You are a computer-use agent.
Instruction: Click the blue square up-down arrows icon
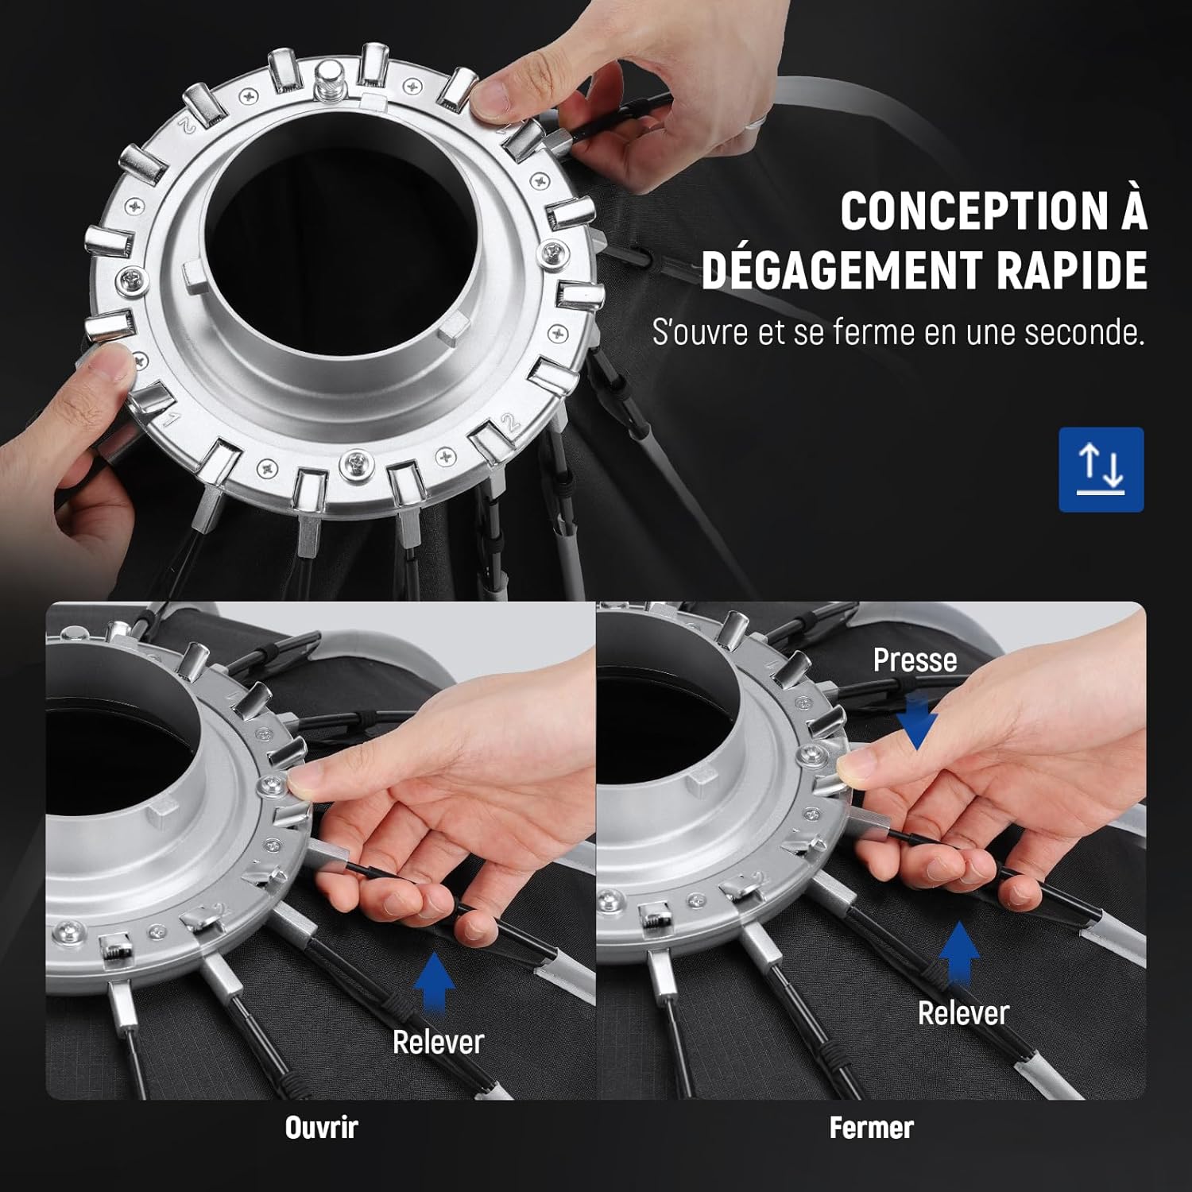[1101, 470]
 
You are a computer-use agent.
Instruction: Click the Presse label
[915, 660]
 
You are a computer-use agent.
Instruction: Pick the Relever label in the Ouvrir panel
[438, 1042]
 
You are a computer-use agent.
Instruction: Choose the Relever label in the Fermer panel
[963, 1013]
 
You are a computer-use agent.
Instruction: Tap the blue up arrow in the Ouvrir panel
[435, 984]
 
